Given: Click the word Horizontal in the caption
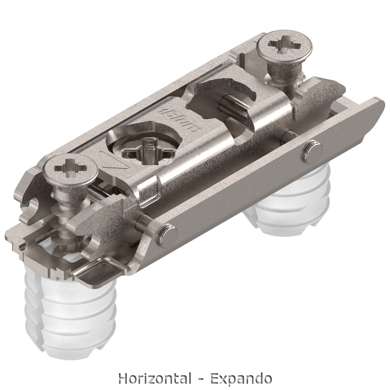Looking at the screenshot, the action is click(154, 378).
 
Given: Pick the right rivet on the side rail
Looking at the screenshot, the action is click(313, 152).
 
